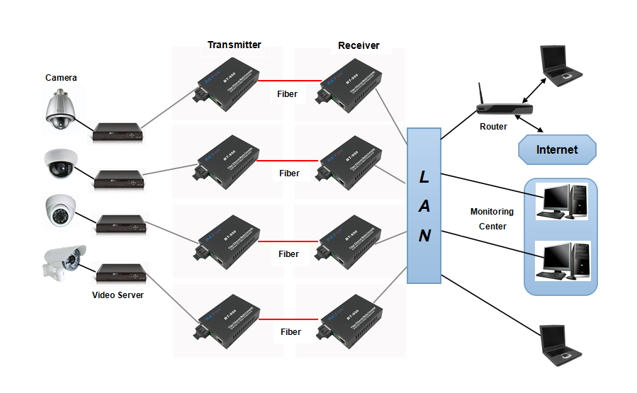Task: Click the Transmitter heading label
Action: [x=234, y=45]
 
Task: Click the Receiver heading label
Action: [x=359, y=45]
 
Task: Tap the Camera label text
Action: [x=61, y=77]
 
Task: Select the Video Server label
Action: [x=118, y=295]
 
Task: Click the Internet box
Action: [x=556, y=149]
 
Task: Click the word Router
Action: [x=493, y=127]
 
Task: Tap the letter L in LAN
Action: [x=424, y=176]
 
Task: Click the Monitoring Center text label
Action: [x=492, y=219]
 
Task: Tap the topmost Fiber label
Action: [x=287, y=93]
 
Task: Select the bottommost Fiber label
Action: [x=291, y=331]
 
